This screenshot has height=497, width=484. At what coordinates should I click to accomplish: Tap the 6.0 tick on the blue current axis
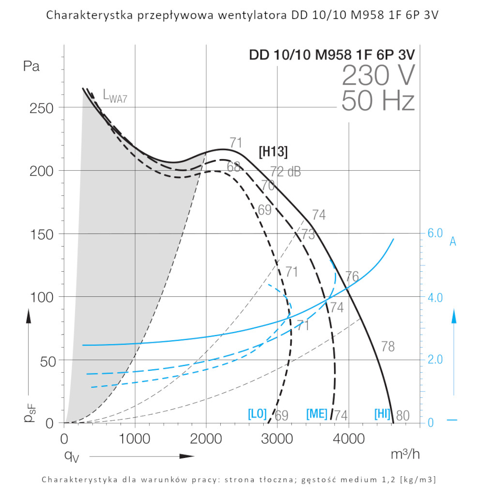[x=435, y=233]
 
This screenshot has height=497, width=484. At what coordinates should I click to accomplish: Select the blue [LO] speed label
[x=257, y=414]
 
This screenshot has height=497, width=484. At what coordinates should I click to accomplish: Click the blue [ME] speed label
[x=317, y=414]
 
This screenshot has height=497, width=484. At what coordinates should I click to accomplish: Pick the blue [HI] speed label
[x=382, y=414]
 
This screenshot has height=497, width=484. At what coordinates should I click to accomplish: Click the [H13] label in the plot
[x=273, y=152]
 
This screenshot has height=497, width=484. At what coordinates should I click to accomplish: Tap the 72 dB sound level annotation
[x=285, y=172]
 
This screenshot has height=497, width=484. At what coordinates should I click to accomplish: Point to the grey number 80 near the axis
[x=403, y=415]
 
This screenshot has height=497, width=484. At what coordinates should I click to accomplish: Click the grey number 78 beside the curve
[x=388, y=346]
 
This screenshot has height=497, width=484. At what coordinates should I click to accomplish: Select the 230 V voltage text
[x=378, y=75]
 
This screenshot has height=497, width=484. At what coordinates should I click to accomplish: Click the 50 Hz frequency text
[x=378, y=102]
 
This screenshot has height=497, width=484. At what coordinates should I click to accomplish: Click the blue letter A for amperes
[x=453, y=242]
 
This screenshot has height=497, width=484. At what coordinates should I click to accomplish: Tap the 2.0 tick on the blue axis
[x=435, y=360]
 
